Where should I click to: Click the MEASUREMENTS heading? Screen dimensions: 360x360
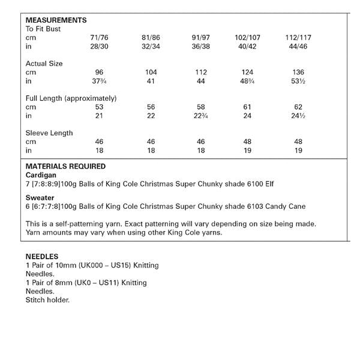pyautogui.click(x=56, y=20)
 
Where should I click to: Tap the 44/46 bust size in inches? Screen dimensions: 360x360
pyautogui.click(x=298, y=46)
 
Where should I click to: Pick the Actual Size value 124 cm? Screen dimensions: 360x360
pyautogui.click(x=248, y=72)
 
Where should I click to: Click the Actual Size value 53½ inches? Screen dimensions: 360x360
pyautogui.click(x=298, y=81)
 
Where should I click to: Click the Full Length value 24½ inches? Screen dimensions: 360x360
pyautogui.click(x=298, y=116)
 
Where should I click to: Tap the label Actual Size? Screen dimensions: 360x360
pyautogui.click(x=44, y=63)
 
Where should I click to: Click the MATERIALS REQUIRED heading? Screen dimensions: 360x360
pyautogui.click(x=65, y=166)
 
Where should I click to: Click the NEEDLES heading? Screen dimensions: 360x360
pyautogui.click(x=41, y=257)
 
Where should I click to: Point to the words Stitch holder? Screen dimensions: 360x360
pyautogui.click(x=47, y=299)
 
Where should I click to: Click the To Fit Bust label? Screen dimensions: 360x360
pyautogui.click(x=43, y=28)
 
